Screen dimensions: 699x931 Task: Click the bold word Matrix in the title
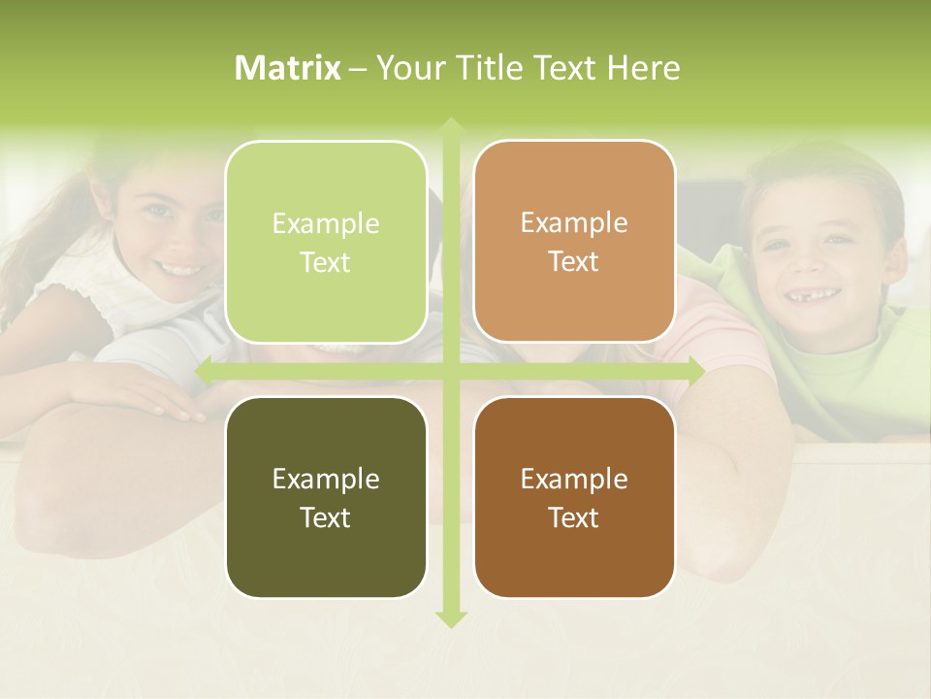click(288, 68)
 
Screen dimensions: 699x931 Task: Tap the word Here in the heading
click(644, 68)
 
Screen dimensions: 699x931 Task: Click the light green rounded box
click(326, 242)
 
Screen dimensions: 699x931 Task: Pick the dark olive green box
click(326, 497)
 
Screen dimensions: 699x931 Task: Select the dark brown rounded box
click(574, 497)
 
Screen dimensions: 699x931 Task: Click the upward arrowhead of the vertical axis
click(450, 126)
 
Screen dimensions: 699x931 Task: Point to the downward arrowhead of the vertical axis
click(450, 619)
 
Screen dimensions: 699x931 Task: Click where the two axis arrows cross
click(450, 370)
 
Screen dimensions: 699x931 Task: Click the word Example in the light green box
click(326, 224)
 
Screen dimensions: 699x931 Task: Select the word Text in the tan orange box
click(574, 262)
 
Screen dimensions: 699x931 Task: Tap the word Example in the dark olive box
click(326, 479)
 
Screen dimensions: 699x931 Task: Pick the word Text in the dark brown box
click(574, 517)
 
